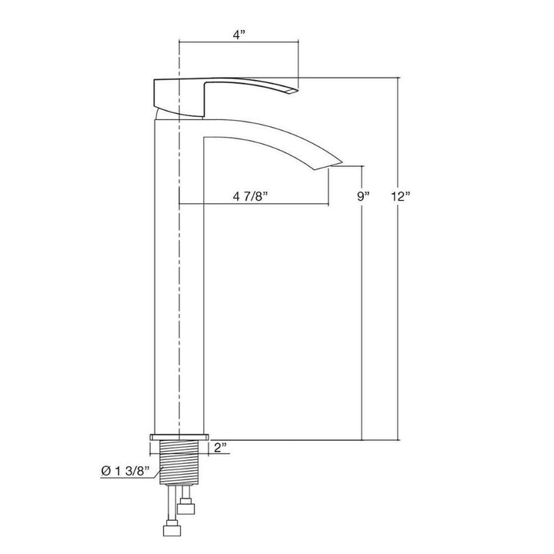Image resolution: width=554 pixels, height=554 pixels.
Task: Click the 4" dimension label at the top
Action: (239, 35)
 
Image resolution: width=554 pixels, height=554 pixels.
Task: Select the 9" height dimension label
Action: (363, 195)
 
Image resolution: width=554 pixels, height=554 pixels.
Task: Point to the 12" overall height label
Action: (400, 196)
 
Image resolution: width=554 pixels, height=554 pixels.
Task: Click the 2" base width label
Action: (221, 448)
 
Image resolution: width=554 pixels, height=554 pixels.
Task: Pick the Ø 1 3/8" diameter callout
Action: (125, 471)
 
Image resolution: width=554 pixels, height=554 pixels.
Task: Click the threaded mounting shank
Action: (179, 462)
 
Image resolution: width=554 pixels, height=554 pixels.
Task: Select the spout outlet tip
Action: (329, 165)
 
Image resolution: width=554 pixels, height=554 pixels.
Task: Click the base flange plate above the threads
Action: (179, 437)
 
